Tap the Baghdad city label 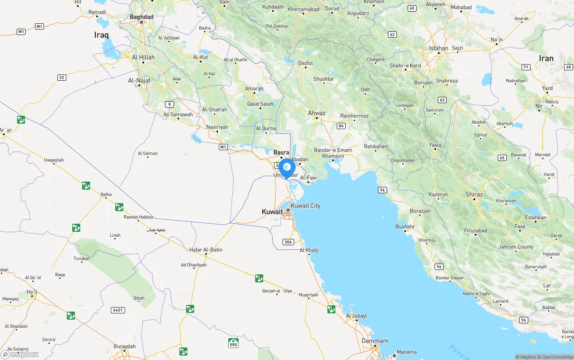(141, 17)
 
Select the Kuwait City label (305, 206)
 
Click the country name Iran (546, 58)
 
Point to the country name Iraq (102, 35)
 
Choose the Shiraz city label (474, 194)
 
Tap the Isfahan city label (438, 48)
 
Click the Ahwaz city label (316, 113)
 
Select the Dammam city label (375, 341)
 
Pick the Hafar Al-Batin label (206, 250)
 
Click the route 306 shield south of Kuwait (288, 242)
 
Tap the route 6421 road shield (117, 310)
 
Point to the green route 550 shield (233, 343)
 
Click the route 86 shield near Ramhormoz (342, 126)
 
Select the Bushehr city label (405, 227)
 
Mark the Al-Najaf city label (139, 80)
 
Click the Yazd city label (547, 88)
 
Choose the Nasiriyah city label (217, 127)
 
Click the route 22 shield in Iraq (62, 78)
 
